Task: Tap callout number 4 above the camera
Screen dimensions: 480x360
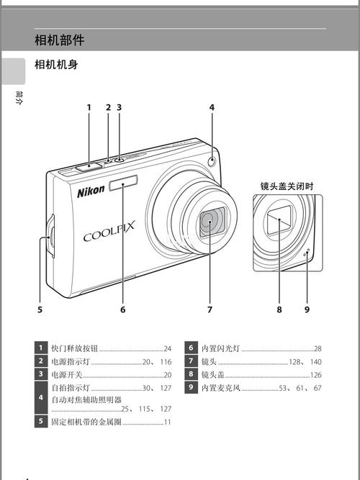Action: [x=212, y=107]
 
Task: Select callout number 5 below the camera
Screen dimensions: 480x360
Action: [x=40, y=309]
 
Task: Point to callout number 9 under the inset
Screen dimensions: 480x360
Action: [x=306, y=309]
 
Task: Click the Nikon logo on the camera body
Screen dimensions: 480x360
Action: [x=91, y=192]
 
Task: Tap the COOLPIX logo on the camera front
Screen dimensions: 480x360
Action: [x=109, y=235]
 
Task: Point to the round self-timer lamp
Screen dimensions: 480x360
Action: [x=211, y=162]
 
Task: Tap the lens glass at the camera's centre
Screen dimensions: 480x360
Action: [x=211, y=222]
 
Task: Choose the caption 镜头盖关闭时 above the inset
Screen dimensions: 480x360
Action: [x=287, y=186]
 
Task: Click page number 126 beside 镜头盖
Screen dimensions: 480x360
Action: [x=315, y=375]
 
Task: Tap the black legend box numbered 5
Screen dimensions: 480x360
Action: [x=41, y=422]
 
